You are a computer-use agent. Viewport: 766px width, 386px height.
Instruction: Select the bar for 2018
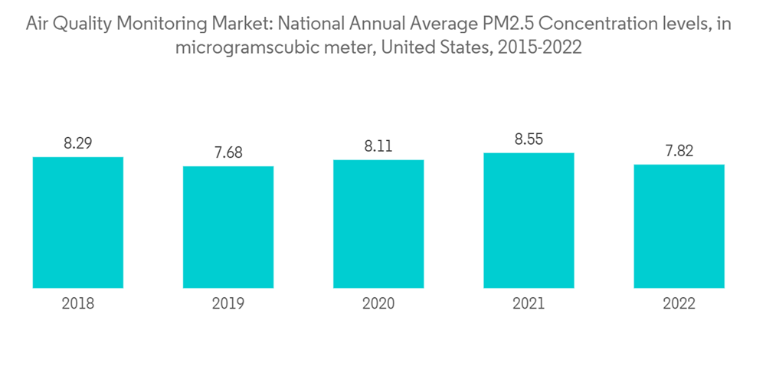point(78,222)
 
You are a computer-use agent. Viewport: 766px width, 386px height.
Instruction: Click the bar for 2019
point(228,227)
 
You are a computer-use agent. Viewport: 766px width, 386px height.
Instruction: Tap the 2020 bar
point(378,224)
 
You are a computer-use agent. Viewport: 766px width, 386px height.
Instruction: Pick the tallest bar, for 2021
point(529,221)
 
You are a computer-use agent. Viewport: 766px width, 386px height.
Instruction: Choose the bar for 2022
point(679,226)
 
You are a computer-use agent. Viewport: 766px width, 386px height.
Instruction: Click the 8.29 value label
point(78,142)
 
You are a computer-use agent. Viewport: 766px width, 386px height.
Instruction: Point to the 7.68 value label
point(228,152)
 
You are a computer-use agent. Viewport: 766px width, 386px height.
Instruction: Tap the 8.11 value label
point(378,146)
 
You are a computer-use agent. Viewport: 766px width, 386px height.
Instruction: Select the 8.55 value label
point(529,139)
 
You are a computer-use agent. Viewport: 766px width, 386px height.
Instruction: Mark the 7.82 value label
point(679,151)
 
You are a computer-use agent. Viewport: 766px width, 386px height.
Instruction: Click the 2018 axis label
point(78,304)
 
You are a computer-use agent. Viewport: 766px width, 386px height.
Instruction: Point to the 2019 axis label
point(228,304)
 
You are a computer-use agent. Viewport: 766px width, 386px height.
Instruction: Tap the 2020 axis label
point(378,304)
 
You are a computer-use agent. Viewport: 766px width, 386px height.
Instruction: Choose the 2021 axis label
point(529,304)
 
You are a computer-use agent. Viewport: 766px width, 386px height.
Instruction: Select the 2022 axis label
point(679,304)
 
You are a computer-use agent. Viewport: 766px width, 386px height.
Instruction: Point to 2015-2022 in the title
point(539,47)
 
